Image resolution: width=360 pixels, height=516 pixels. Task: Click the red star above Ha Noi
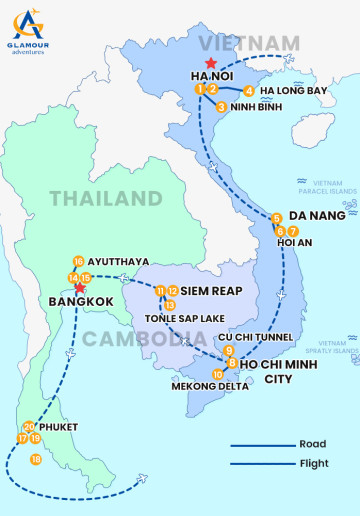click(x=210, y=62)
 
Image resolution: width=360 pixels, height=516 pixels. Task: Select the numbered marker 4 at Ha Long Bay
click(x=249, y=91)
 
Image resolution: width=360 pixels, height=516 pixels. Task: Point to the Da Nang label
click(x=317, y=215)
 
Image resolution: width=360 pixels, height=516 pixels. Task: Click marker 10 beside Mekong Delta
click(x=218, y=375)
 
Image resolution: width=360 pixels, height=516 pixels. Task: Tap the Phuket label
click(x=57, y=426)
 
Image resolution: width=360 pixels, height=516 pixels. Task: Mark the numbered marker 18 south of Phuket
click(x=36, y=460)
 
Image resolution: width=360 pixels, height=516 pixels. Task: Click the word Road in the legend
click(x=312, y=444)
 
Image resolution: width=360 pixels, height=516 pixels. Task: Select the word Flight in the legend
click(x=314, y=464)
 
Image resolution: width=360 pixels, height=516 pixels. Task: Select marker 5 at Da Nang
click(x=276, y=218)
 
